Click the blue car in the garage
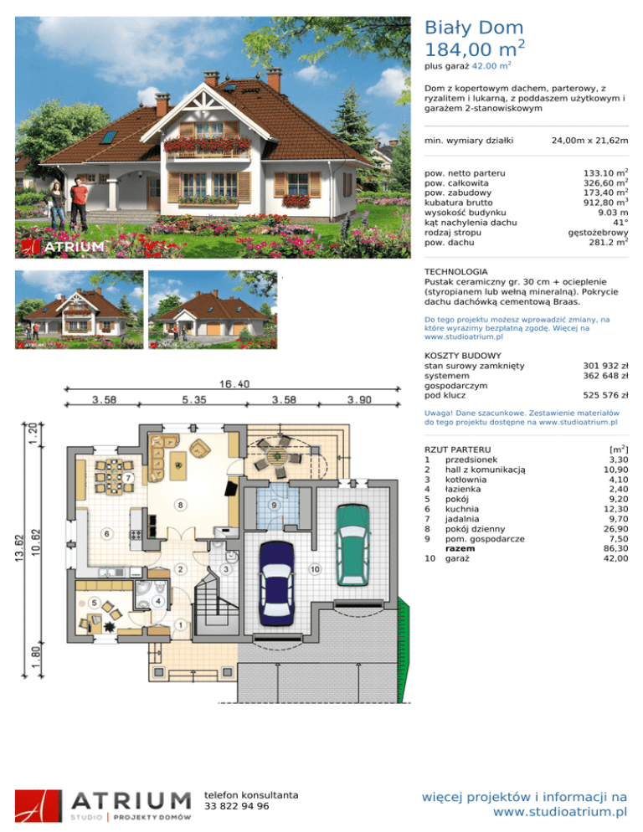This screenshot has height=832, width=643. [276, 583]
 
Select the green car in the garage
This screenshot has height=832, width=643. [352, 545]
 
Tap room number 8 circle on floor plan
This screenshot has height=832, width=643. [181, 505]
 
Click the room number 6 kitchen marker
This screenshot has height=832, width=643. [106, 533]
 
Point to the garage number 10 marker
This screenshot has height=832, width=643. [315, 569]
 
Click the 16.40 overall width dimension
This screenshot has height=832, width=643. [234, 383]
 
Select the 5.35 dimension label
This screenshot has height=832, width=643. [193, 399]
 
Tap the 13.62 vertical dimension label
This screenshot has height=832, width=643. [19, 548]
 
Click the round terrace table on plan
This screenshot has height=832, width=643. [278, 456]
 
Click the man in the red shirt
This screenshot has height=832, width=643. [79, 203]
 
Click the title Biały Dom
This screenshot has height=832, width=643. [474, 27]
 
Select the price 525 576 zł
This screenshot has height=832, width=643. [605, 395]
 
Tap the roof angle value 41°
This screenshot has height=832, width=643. [620, 223]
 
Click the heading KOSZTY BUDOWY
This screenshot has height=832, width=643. [462, 356]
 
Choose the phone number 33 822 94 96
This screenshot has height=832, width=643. [237, 806]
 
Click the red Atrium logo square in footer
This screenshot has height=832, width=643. [39, 806]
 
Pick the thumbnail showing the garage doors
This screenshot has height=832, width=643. [213, 310]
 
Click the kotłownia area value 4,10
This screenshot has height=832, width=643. [619, 480]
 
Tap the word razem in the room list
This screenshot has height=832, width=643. [460, 548]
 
